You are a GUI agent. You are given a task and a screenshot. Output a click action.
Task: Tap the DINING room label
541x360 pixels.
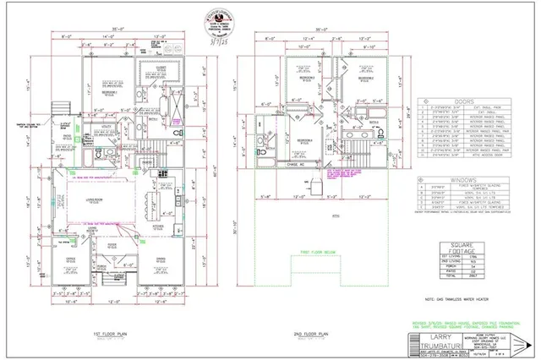click(x=159, y=259)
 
